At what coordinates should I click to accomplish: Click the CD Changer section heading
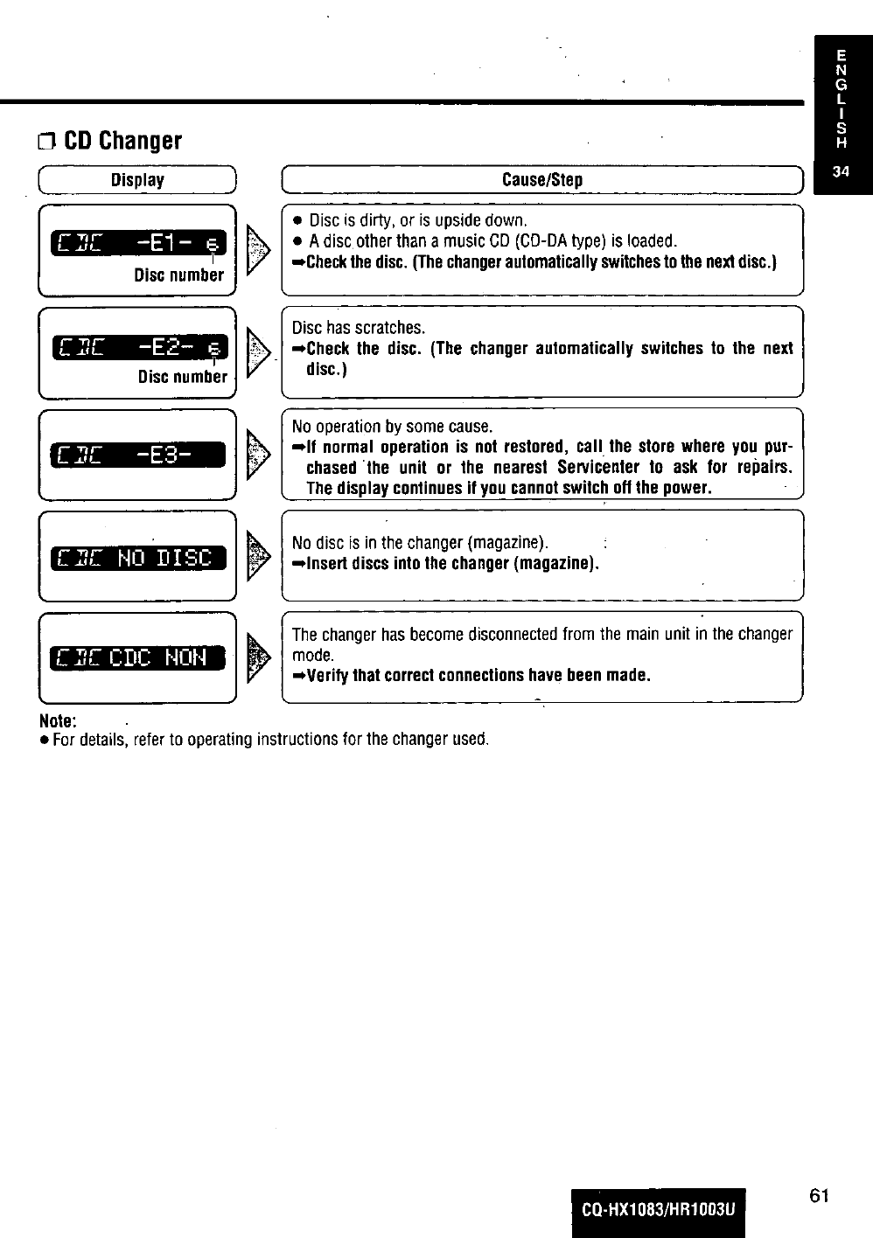point(122,141)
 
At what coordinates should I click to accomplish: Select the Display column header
point(137,180)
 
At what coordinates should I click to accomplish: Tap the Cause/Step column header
point(541,180)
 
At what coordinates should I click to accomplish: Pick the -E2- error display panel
point(138,348)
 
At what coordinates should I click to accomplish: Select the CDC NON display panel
point(138,657)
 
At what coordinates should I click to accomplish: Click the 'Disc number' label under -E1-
point(178,275)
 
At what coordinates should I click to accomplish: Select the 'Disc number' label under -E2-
point(182,378)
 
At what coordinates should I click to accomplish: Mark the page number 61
point(818,1196)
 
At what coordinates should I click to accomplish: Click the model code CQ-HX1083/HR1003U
point(659,1211)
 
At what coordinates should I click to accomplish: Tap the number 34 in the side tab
point(841,172)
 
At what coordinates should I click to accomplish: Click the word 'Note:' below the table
point(58,721)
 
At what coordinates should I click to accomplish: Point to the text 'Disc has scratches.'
point(359,328)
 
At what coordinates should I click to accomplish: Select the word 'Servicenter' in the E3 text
point(598,467)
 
